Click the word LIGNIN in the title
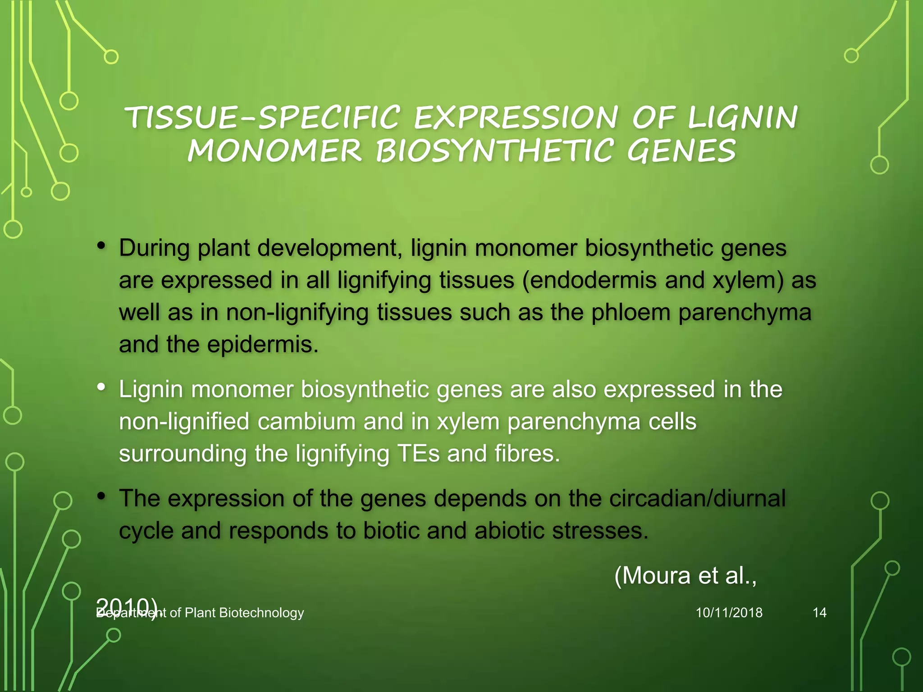742,118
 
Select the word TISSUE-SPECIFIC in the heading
263,118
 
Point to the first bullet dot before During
101,246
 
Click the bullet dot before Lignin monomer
101,387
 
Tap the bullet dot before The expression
101,496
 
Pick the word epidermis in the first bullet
262,345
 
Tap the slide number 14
819,613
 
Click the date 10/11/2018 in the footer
729,613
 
